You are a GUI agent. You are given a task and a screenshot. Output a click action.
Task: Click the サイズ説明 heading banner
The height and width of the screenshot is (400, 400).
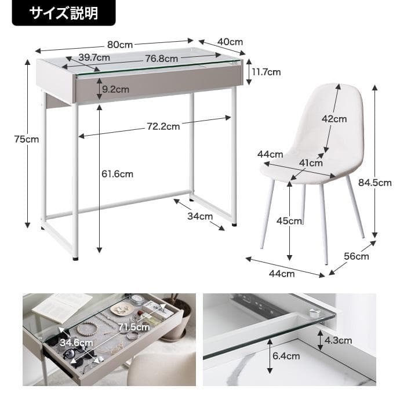click(x=64, y=13)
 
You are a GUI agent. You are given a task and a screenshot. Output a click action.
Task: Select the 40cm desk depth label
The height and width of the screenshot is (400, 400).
click(x=230, y=42)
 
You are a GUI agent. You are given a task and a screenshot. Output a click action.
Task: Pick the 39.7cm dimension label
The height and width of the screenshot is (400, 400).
click(x=94, y=57)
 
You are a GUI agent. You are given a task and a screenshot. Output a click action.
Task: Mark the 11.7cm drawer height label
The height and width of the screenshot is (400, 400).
click(x=266, y=72)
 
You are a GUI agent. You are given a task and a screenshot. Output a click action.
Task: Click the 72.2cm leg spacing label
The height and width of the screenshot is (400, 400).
click(x=163, y=125)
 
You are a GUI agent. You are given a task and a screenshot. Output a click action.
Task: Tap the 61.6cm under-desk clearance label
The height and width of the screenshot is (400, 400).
click(x=117, y=173)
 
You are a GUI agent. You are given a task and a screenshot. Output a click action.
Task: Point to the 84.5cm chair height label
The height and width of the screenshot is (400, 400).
click(x=375, y=183)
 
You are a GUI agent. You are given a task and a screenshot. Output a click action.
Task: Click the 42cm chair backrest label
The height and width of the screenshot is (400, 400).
click(x=334, y=119)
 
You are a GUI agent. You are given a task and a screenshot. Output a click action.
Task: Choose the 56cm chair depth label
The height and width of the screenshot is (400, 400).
click(x=356, y=256)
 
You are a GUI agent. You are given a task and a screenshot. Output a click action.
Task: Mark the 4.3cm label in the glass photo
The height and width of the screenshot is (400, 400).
click(x=338, y=340)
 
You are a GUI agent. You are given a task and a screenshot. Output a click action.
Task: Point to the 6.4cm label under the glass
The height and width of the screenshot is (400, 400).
click(x=286, y=356)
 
